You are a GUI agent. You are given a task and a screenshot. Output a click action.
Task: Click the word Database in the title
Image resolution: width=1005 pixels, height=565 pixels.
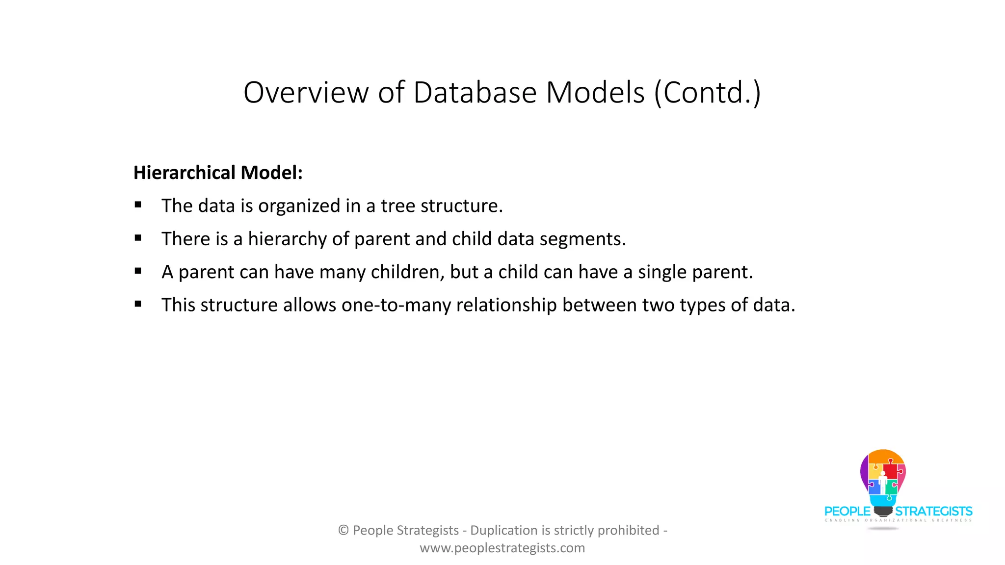pyautogui.click(x=475, y=92)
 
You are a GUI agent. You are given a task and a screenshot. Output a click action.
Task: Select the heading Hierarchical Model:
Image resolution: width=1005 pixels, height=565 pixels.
pyautogui.click(x=218, y=173)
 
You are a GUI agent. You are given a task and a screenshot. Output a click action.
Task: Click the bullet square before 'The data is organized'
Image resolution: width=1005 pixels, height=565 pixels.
pyautogui.click(x=138, y=205)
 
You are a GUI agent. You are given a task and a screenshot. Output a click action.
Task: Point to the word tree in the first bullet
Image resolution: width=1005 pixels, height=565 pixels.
pyautogui.click(x=398, y=206)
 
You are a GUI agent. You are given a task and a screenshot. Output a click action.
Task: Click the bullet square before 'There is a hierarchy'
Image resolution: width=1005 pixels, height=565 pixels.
pyautogui.click(x=138, y=238)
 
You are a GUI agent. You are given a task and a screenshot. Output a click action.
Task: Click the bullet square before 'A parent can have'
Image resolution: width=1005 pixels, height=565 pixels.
pyautogui.click(x=138, y=271)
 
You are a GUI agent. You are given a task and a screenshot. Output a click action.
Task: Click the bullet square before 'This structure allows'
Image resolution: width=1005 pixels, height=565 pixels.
pyautogui.click(x=138, y=304)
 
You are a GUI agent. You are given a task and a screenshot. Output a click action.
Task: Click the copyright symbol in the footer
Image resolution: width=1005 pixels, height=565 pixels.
pyautogui.click(x=344, y=530)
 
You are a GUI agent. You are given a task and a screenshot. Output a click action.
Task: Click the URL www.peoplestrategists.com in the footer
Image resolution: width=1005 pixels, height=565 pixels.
pyautogui.click(x=502, y=548)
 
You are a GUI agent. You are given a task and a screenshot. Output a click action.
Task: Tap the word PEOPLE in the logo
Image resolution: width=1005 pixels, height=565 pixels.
pyautogui.click(x=847, y=512)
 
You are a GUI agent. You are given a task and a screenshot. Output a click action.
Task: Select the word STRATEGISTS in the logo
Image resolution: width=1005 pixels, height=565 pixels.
pyautogui.click(x=933, y=512)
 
